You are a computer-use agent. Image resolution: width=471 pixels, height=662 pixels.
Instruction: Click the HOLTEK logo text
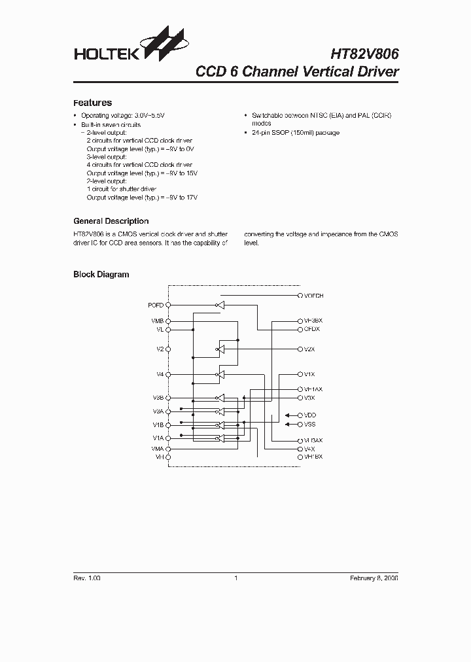[105, 54]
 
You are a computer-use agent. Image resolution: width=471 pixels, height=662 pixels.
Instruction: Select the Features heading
[92, 103]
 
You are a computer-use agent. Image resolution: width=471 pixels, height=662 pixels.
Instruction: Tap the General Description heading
[111, 221]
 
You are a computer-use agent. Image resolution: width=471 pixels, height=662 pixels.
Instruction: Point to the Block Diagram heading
[101, 275]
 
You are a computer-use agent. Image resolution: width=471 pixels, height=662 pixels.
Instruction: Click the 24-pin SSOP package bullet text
[296, 133]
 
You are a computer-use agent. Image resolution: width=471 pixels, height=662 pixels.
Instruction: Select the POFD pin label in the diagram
[156, 305]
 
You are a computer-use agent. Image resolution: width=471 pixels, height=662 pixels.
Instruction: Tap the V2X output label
[310, 349]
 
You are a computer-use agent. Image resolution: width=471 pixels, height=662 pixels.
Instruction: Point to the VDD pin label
[310, 415]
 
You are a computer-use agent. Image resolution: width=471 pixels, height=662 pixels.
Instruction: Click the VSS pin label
[310, 425]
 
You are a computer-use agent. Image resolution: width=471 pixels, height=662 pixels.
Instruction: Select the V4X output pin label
[310, 449]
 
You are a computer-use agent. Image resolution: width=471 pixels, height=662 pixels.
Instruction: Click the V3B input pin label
[158, 398]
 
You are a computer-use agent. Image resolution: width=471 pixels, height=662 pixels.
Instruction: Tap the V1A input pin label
[158, 438]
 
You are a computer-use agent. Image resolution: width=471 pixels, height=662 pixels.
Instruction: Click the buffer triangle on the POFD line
[221, 305]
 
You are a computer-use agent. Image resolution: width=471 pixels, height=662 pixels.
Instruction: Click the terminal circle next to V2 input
[169, 349]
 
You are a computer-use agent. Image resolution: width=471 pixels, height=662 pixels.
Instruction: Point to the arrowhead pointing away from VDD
[288, 415]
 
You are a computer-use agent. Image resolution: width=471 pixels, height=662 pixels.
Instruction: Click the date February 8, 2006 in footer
[374, 578]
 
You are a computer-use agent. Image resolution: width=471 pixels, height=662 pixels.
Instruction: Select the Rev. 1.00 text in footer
[87, 578]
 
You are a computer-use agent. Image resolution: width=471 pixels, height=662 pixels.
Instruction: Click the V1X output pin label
[310, 374]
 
